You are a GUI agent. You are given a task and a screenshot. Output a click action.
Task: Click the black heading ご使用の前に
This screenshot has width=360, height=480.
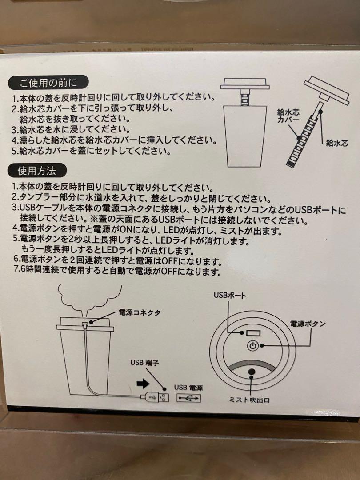48,83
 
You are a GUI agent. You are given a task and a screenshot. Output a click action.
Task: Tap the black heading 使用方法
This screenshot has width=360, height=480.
37,171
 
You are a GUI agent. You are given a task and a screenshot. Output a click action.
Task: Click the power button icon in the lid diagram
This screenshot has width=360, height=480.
252,346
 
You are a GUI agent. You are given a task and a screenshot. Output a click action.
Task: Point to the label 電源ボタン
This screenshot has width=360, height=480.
308,324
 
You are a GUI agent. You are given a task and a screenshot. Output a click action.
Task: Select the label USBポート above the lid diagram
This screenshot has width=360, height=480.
230,296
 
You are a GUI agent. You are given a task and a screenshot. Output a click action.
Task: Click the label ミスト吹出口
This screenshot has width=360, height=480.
249,400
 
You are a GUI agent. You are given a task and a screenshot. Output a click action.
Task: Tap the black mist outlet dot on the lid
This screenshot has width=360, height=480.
252,372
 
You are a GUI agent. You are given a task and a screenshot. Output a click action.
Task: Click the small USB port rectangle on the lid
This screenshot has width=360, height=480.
253,333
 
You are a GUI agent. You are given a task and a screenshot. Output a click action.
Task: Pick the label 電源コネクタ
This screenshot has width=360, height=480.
140,312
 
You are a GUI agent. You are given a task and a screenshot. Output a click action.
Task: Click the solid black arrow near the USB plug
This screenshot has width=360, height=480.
143,383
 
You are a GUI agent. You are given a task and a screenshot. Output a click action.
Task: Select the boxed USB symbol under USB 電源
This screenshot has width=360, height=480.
188,398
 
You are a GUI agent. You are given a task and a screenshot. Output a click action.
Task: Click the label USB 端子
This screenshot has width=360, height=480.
144,363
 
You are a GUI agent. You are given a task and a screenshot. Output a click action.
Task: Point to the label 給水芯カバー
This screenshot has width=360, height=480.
288,116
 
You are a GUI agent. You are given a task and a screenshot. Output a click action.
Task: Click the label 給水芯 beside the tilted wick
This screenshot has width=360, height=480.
337,143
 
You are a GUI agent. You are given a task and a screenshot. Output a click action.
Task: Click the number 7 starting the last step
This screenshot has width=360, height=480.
16,271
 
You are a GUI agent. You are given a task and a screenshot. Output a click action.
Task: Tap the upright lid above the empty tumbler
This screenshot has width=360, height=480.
245,84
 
